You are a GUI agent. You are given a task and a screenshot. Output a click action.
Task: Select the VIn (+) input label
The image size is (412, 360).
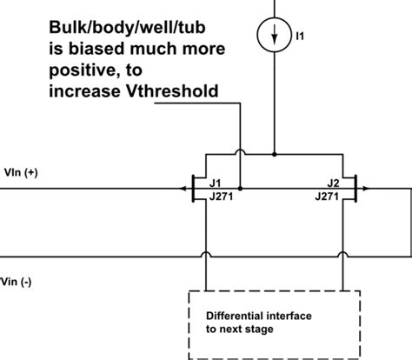20,172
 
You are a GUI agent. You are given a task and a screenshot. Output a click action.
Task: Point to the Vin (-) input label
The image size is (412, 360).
18,281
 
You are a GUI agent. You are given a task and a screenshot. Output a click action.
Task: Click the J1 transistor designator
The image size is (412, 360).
215,183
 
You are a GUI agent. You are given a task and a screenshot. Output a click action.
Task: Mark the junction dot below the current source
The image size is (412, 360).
275,155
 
